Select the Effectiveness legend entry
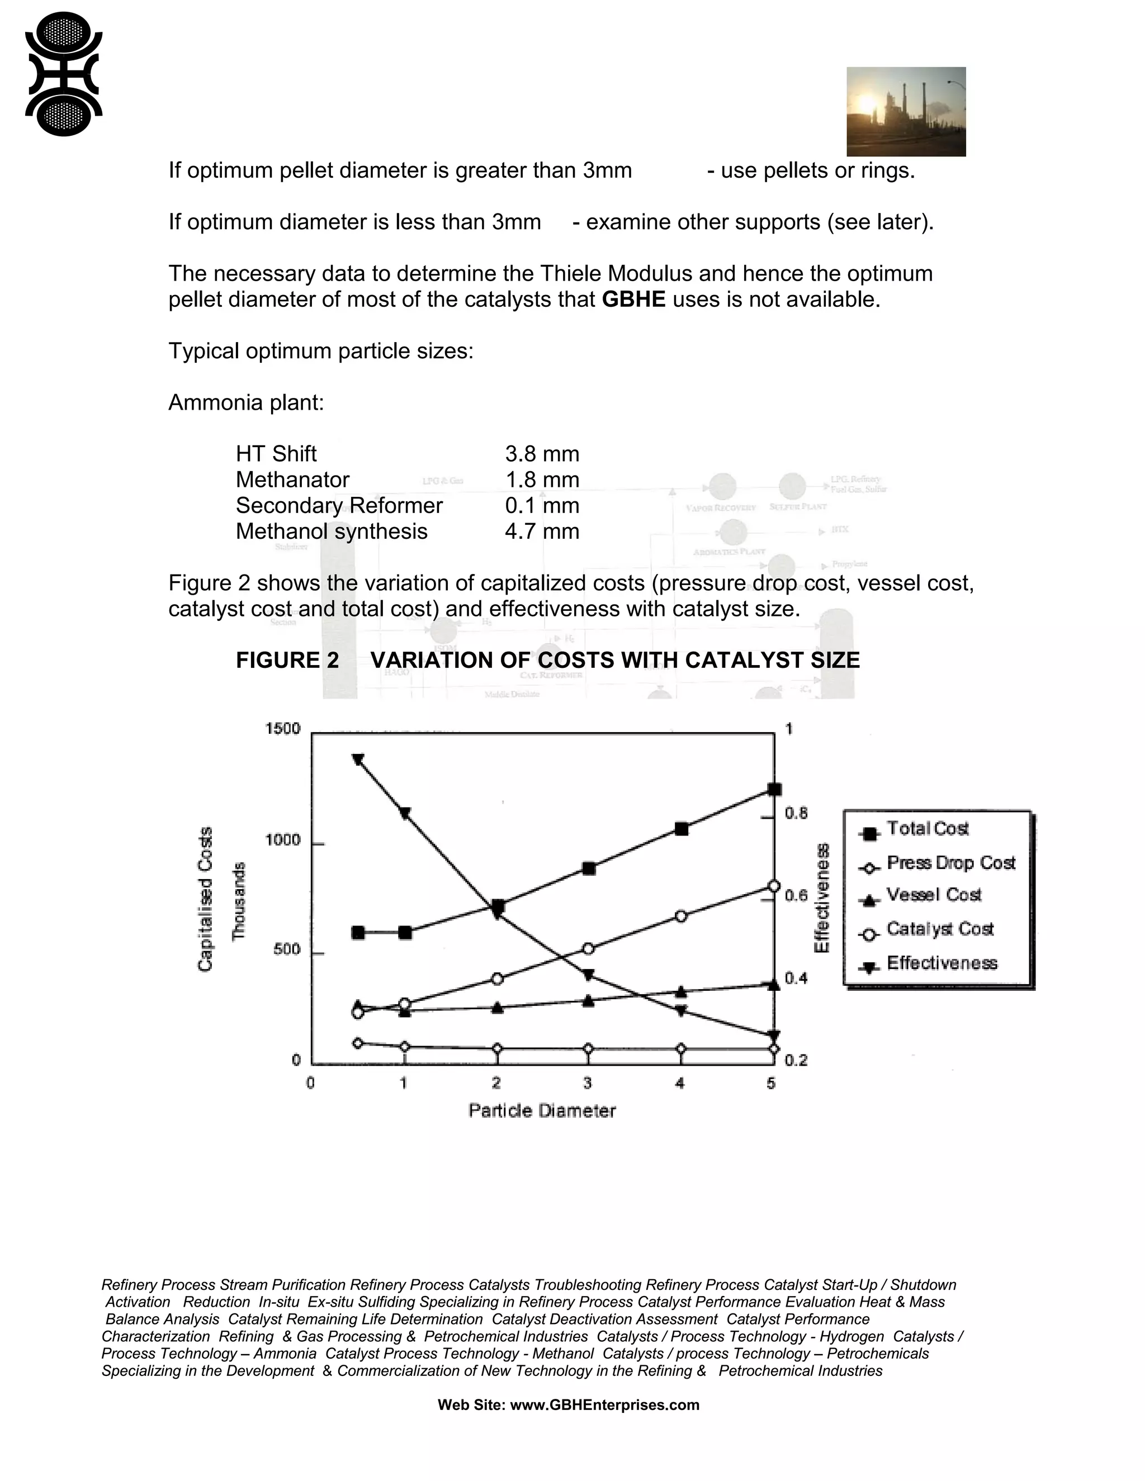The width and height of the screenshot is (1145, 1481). [x=941, y=963]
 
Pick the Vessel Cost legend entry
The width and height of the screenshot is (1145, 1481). [x=933, y=895]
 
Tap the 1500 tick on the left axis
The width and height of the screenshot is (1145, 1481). [x=282, y=729]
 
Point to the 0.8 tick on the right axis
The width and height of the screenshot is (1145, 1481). [x=796, y=813]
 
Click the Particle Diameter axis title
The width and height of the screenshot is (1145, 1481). [x=542, y=1111]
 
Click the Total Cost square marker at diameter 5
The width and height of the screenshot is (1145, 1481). [x=774, y=789]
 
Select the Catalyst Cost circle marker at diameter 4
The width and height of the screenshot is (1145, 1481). [x=681, y=916]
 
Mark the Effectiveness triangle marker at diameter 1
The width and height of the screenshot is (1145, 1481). [x=405, y=813]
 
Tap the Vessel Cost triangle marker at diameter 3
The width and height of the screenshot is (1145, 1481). [x=588, y=1000]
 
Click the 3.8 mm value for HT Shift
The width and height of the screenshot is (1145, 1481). [x=542, y=454]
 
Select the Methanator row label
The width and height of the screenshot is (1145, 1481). [x=292, y=480]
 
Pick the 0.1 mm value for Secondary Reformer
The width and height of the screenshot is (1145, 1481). [x=542, y=505]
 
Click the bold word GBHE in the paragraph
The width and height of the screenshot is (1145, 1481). [x=633, y=299]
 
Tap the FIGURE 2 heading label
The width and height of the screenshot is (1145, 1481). [x=287, y=660]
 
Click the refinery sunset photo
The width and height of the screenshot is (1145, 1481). [x=906, y=111]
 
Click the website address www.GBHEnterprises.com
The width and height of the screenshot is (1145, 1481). [x=604, y=1405]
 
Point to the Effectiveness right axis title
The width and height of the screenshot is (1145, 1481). [x=821, y=898]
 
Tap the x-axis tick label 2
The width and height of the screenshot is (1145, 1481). [x=496, y=1083]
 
